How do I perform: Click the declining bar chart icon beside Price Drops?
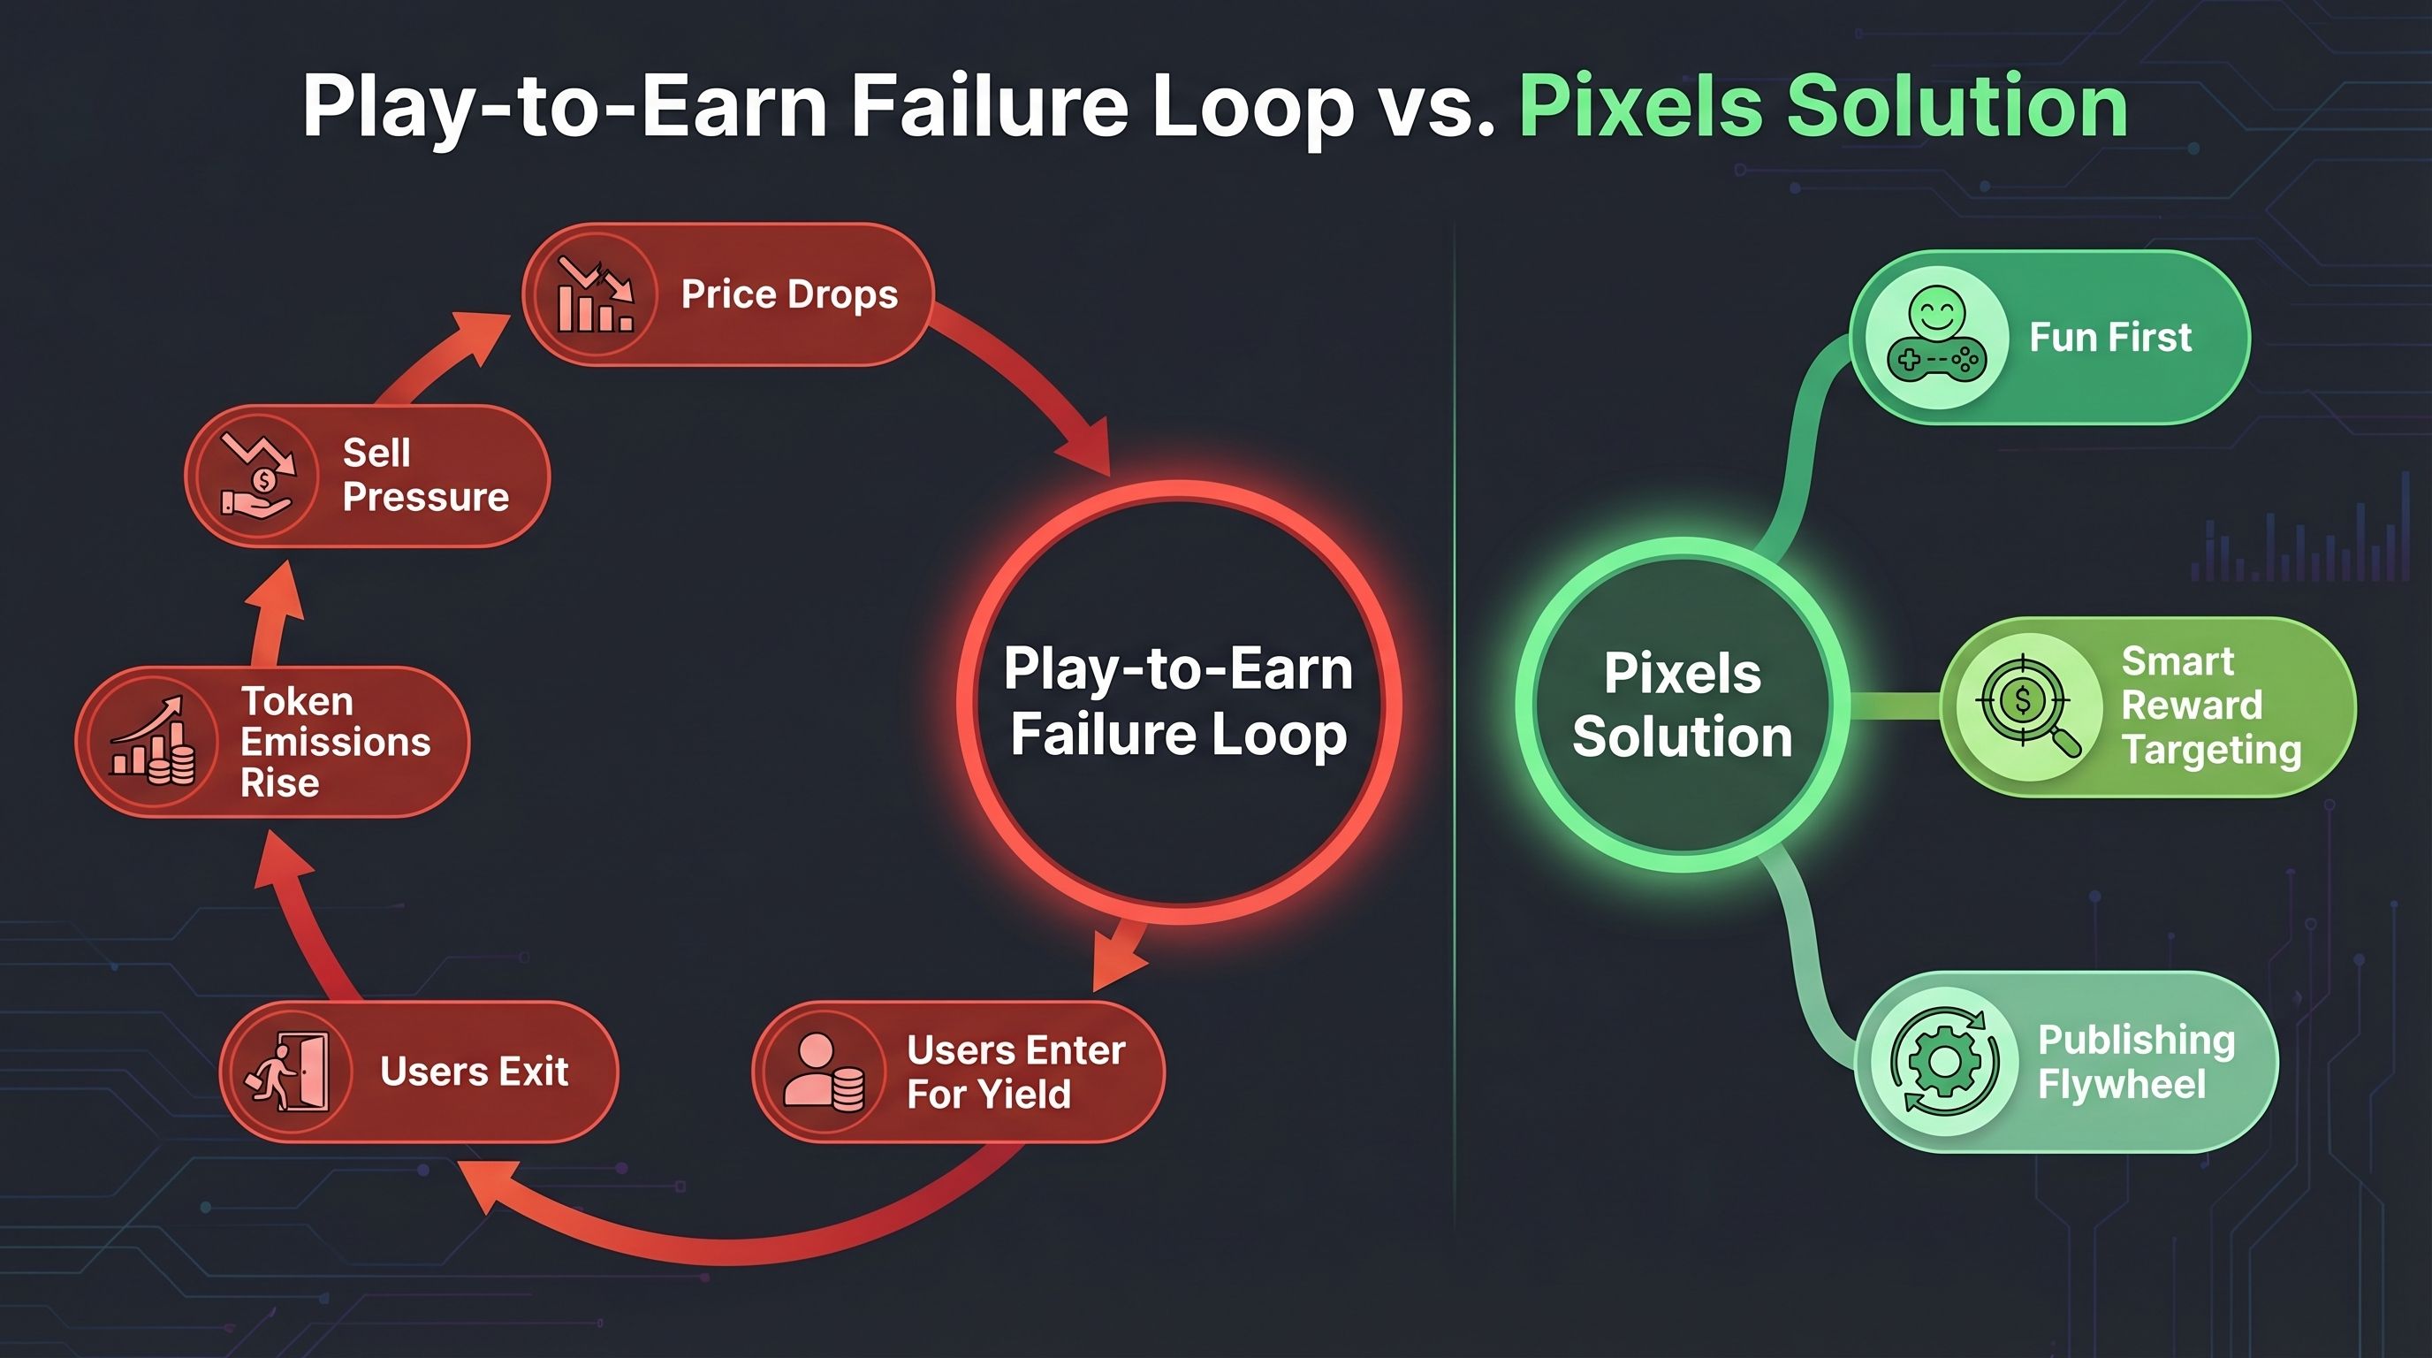(x=595, y=294)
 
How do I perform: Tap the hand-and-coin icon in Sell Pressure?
(x=258, y=475)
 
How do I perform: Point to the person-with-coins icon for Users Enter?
(x=824, y=1071)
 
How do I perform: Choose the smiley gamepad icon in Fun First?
(x=1936, y=335)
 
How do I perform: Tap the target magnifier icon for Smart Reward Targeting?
(x=2028, y=706)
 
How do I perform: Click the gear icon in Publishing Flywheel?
(x=1946, y=1062)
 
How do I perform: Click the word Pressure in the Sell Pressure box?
(x=426, y=497)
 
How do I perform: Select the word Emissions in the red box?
(x=335, y=743)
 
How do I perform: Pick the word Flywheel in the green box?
(x=2122, y=1084)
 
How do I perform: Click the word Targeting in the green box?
(x=2211, y=750)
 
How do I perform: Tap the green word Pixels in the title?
(x=1640, y=106)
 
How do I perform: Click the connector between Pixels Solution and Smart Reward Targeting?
(x=1894, y=705)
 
